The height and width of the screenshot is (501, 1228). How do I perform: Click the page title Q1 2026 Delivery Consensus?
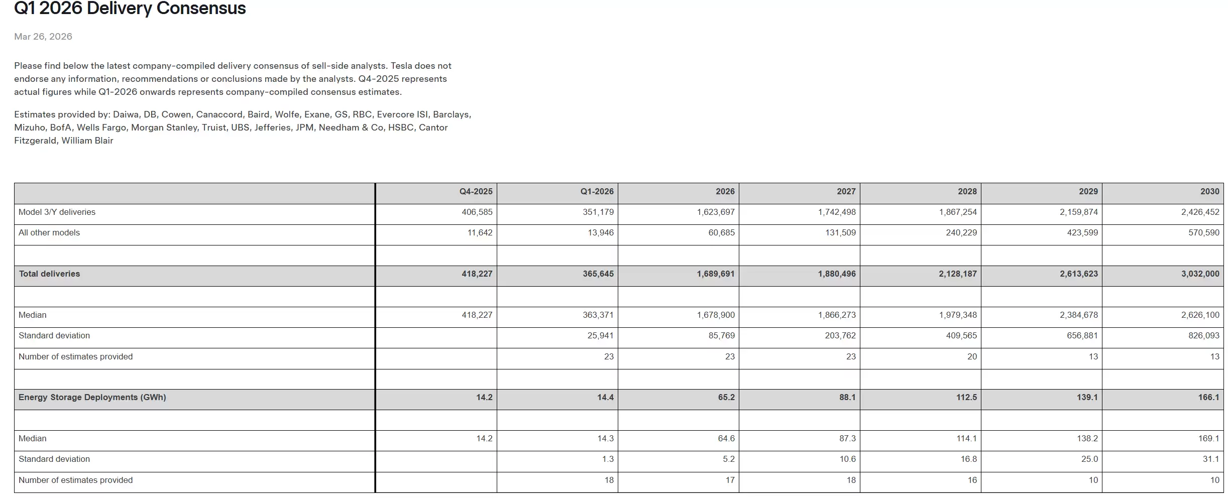click(130, 9)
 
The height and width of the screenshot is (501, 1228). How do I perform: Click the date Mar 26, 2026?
click(43, 37)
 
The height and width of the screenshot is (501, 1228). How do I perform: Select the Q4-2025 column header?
click(476, 191)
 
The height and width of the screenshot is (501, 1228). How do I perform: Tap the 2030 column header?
click(1209, 191)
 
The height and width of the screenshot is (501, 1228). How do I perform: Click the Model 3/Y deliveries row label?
click(57, 212)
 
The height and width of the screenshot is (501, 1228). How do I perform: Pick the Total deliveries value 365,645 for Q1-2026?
click(598, 274)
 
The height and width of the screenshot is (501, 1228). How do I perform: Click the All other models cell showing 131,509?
click(840, 232)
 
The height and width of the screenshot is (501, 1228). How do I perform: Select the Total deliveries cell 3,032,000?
click(1200, 274)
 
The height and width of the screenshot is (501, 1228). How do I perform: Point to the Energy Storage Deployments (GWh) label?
click(92, 397)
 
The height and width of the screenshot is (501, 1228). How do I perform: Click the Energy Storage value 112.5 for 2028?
click(966, 397)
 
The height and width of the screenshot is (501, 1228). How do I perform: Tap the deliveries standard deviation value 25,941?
click(600, 335)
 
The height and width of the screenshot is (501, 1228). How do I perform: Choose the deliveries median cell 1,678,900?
click(715, 315)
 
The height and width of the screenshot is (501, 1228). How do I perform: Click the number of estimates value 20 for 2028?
click(972, 356)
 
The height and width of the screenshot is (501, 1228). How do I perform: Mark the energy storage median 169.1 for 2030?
click(1208, 438)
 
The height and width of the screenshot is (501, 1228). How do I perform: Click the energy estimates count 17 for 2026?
click(730, 480)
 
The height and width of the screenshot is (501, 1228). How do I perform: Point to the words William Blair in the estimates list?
click(87, 141)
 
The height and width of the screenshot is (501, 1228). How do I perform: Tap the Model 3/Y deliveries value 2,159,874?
click(1078, 212)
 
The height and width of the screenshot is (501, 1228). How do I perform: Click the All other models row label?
click(49, 232)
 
